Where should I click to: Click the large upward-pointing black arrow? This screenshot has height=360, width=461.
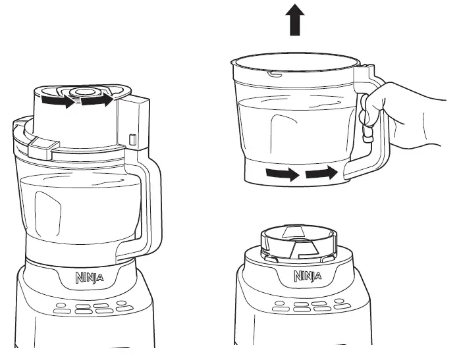coord(296,20)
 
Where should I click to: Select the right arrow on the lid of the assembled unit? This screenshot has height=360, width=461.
coord(96,101)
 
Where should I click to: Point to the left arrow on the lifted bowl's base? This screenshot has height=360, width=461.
coord(282,174)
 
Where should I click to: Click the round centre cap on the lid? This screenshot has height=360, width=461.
coord(84,93)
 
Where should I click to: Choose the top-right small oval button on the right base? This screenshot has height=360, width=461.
coord(339,302)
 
